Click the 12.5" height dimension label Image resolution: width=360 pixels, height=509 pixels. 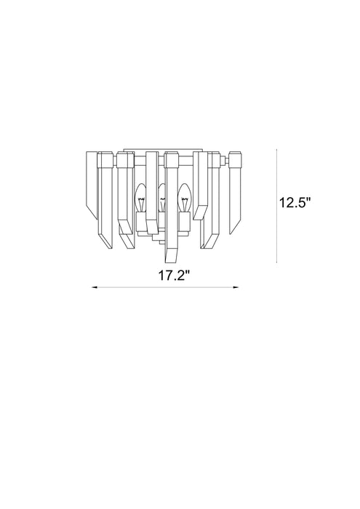[297, 203]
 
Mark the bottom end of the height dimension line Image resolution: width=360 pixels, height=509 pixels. [277, 262]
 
